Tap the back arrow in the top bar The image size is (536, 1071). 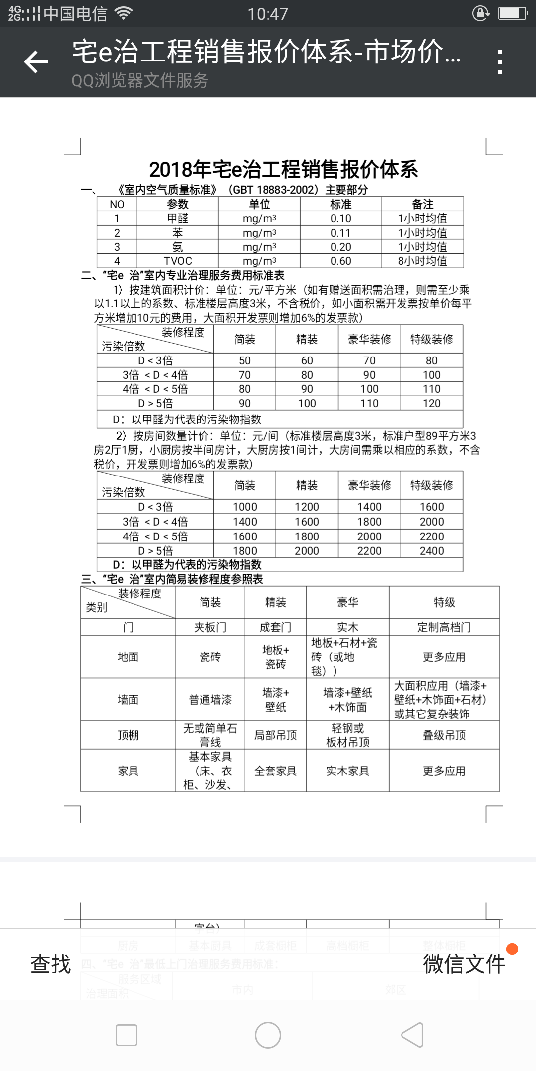pyautogui.click(x=36, y=62)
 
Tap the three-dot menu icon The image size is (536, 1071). pyautogui.click(x=500, y=62)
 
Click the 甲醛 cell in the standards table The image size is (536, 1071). pyautogui.click(x=178, y=219)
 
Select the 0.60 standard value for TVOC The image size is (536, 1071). pyautogui.click(x=340, y=261)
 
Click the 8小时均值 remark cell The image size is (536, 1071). pyautogui.click(x=422, y=261)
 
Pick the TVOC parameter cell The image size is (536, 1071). pyautogui.click(x=178, y=261)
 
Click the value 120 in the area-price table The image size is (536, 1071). pyautogui.click(x=431, y=403)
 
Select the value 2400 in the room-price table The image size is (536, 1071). pyautogui.click(x=431, y=551)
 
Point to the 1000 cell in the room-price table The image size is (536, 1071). pyautogui.click(x=245, y=507)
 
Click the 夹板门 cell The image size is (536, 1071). pyautogui.click(x=210, y=627)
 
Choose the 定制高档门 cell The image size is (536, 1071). pyautogui.click(x=444, y=627)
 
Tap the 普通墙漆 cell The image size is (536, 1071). pyautogui.click(x=210, y=700)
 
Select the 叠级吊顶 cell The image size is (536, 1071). pyautogui.click(x=444, y=735)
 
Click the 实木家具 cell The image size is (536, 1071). pyautogui.click(x=347, y=771)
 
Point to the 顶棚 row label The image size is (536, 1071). pyautogui.click(x=128, y=735)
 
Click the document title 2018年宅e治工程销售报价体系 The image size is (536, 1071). pyautogui.click(x=283, y=170)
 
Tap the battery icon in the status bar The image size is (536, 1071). pyautogui.click(x=512, y=13)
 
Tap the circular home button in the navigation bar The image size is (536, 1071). pyautogui.click(x=268, y=1035)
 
